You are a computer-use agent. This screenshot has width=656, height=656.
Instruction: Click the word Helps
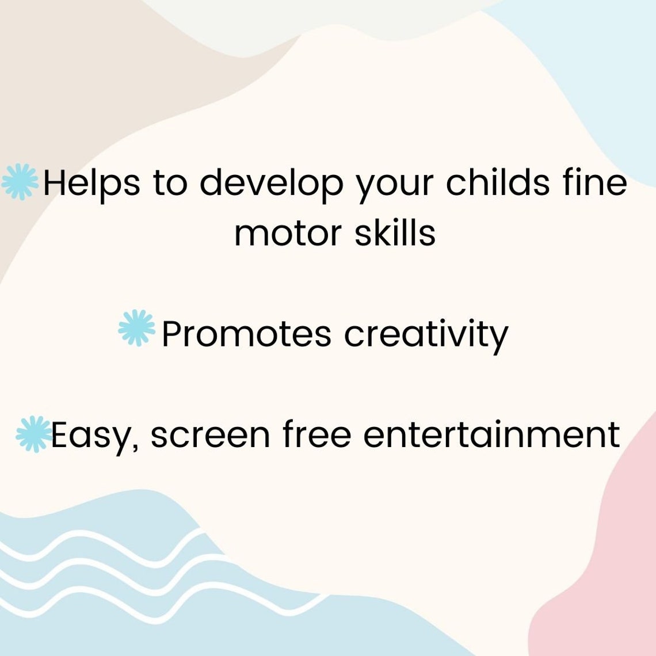[x=91, y=183]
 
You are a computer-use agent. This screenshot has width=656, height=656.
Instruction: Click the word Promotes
[x=246, y=333]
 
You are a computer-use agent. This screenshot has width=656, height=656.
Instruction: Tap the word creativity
[x=426, y=334]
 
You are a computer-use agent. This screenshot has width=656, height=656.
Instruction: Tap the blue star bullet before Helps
[x=20, y=182]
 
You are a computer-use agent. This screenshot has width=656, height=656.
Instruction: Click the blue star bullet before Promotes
[x=137, y=329]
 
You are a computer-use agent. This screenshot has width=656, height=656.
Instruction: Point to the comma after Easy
[x=135, y=447]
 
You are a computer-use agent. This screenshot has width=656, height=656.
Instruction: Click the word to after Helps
[x=170, y=183]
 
